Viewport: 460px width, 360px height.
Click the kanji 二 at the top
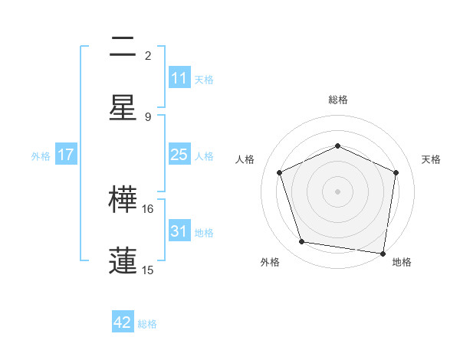click(123, 47)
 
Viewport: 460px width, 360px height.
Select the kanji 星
click(123, 107)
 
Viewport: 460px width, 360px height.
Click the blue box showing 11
click(179, 78)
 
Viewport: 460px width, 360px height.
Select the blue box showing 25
click(179, 155)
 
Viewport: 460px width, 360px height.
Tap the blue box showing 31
click(179, 231)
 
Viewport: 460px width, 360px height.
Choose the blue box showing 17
click(66, 155)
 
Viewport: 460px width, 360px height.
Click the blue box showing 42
click(123, 322)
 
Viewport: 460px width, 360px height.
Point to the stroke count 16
click(148, 208)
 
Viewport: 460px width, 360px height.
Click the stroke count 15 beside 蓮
click(148, 270)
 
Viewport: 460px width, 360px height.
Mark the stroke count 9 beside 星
click(148, 116)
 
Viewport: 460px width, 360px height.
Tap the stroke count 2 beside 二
click(148, 56)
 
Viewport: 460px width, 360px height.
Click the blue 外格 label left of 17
click(41, 155)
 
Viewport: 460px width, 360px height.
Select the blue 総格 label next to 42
click(147, 324)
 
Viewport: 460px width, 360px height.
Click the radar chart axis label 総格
click(337, 100)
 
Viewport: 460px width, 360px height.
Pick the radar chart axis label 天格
click(431, 159)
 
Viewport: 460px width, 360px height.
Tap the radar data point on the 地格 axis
click(383, 253)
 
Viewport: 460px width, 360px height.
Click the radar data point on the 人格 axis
click(280, 172)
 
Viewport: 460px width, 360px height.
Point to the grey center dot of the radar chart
click(337, 191)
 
